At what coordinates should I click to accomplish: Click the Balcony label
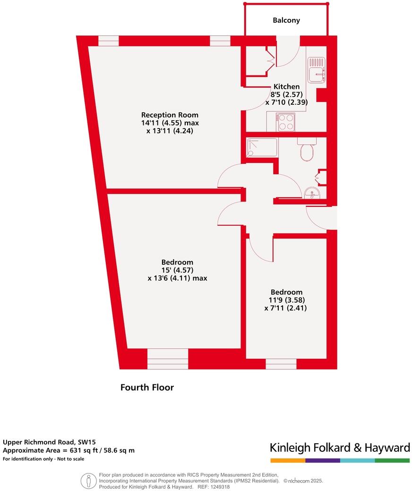click(x=286, y=20)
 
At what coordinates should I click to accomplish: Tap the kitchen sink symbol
click(x=317, y=70)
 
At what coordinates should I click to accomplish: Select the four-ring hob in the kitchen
click(x=285, y=122)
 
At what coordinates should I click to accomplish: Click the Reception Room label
click(x=170, y=115)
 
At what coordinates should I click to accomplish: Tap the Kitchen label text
click(x=286, y=86)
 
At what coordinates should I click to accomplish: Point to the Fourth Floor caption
click(x=147, y=388)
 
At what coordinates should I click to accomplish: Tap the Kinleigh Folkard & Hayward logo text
click(x=340, y=448)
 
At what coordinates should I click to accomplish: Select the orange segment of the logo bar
click(x=287, y=460)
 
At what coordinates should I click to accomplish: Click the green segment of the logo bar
click(x=392, y=460)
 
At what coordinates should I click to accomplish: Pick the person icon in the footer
click(x=88, y=481)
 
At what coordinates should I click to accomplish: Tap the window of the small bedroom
click(x=281, y=364)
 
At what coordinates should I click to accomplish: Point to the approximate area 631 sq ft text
click(x=69, y=450)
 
